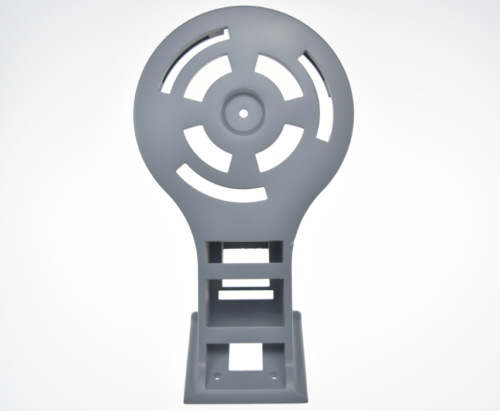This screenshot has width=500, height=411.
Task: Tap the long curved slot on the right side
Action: click(x=320, y=94)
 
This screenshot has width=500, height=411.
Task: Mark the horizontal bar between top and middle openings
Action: click(x=245, y=270)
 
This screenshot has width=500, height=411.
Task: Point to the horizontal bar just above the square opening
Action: click(x=245, y=334)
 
